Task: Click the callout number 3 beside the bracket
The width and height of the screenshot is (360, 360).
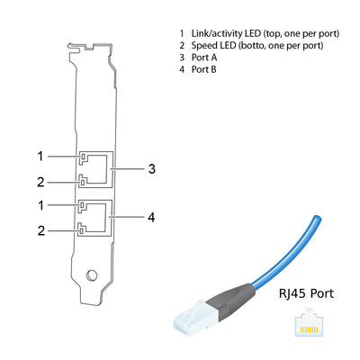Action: pyautogui.click(x=152, y=168)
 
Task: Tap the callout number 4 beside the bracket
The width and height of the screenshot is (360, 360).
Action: pyautogui.click(x=152, y=217)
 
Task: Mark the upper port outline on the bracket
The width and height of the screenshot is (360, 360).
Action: pyautogui.click(x=97, y=169)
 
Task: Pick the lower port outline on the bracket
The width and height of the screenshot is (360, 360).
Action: pyautogui.click(x=97, y=217)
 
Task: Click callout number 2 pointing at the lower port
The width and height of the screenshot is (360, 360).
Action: pyautogui.click(x=40, y=230)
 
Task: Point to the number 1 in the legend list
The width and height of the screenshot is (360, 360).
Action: pyautogui.click(x=182, y=32)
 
